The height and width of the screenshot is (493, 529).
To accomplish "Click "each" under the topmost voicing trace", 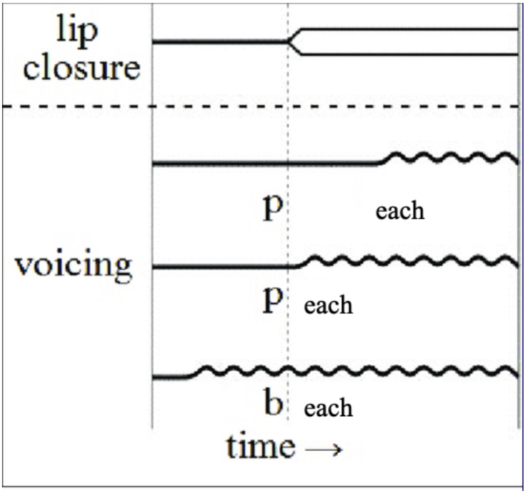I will [x=400, y=210].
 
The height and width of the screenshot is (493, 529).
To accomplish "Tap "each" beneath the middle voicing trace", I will [x=329, y=305].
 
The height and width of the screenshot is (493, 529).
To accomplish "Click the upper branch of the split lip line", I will [x=409, y=30].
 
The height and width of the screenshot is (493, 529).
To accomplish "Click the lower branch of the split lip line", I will [x=409, y=54].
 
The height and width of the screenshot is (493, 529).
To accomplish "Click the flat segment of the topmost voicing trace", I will [x=263, y=163].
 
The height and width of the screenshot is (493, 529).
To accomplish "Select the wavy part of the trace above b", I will [x=360, y=372].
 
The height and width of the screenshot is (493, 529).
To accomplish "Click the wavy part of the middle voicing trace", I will [x=409, y=261].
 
